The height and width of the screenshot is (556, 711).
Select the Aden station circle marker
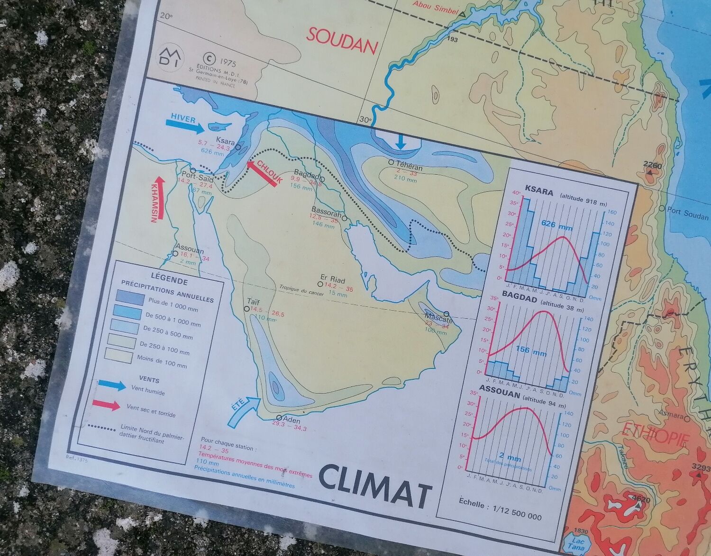(279, 418)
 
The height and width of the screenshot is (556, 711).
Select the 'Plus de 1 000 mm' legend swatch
(130, 298)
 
